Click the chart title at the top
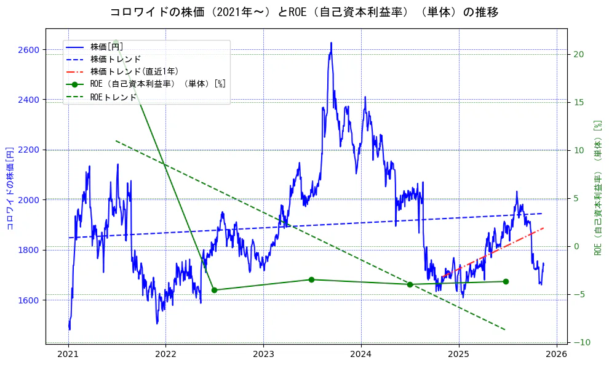[304, 12]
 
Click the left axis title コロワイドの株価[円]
[10, 188]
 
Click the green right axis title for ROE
[597, 188]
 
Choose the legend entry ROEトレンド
[113, 97]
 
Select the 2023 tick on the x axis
[263, 354]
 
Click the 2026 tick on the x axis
[557, 354]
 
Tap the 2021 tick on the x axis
[68, 354]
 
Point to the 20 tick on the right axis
[579, 54]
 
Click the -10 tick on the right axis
[581, 342]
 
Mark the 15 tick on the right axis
[579, 102]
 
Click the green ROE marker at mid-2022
[214, 290]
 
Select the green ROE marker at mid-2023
[311, 279]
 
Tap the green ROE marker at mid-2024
[410, 284]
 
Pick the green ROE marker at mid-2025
[506, 281]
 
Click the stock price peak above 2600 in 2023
[331, 43]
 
